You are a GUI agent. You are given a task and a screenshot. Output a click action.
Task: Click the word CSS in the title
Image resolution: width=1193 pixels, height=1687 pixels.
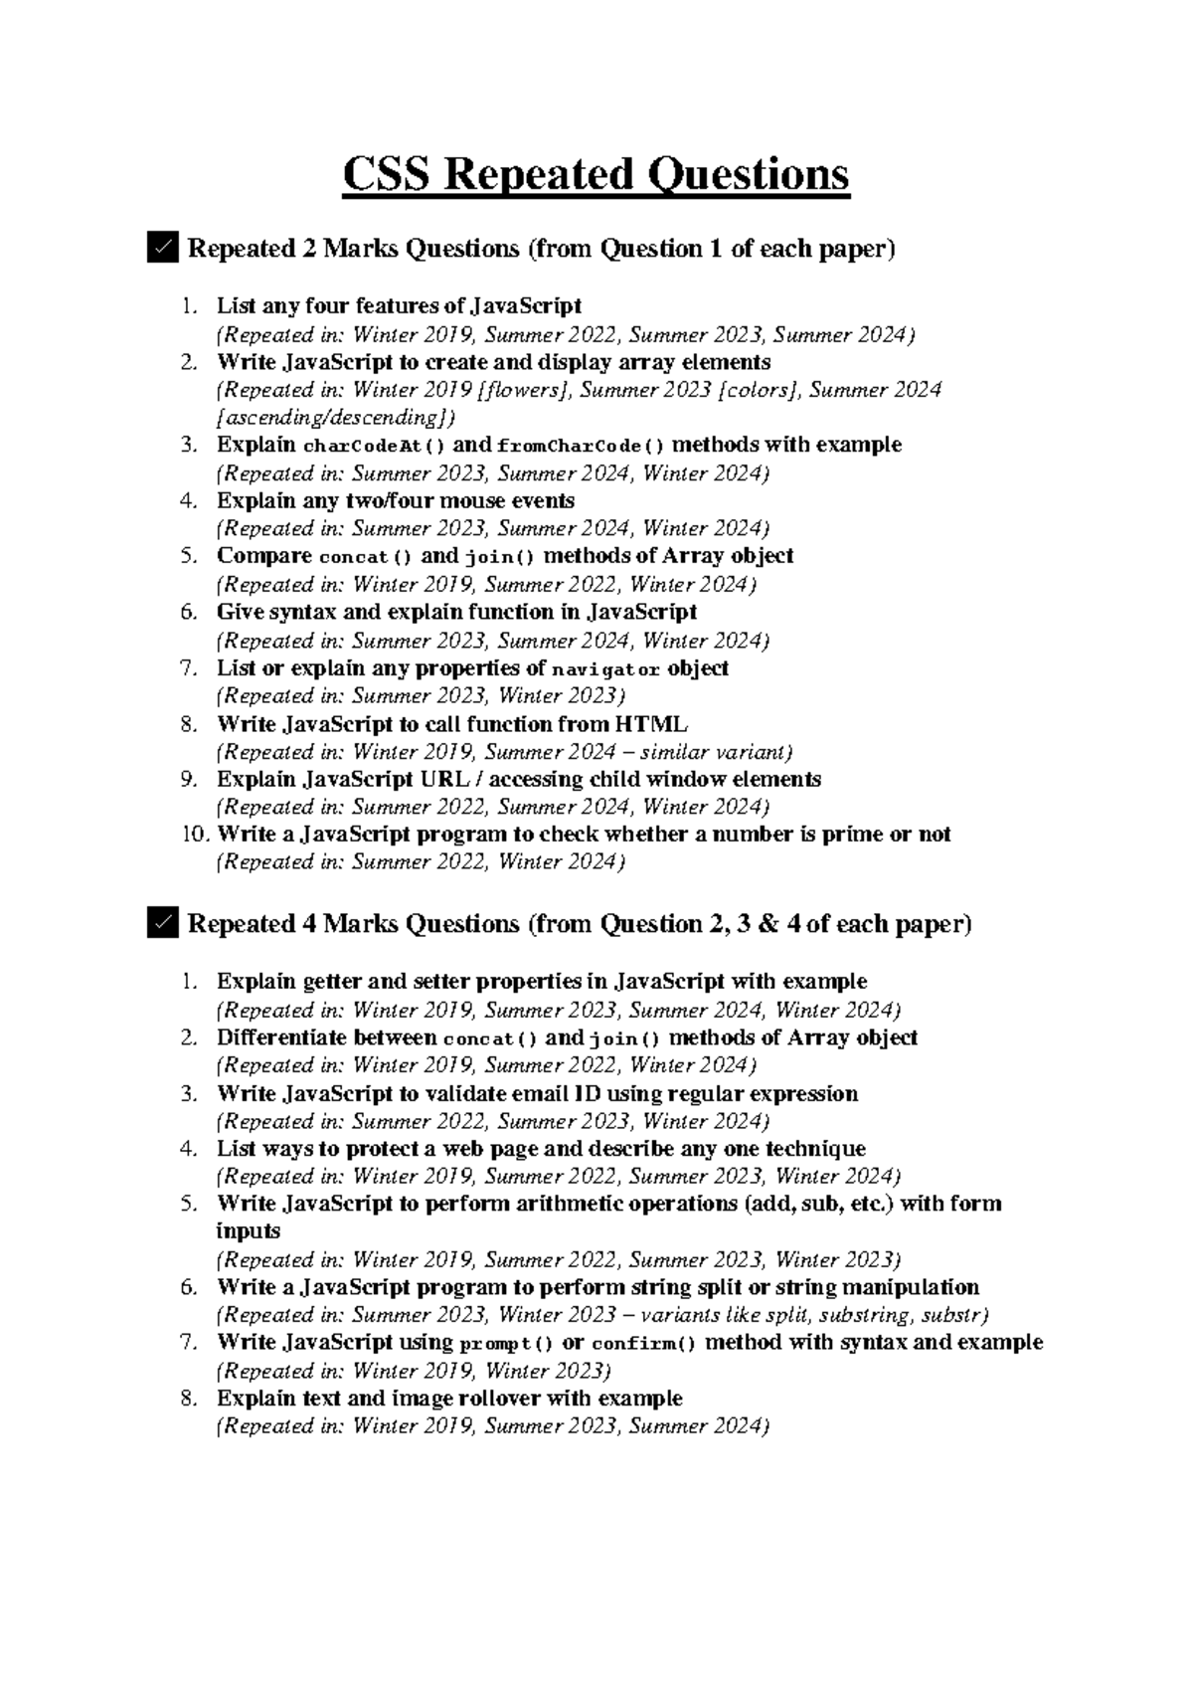[386, 175]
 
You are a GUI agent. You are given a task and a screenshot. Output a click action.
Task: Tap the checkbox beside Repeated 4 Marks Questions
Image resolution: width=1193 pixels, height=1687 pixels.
[161, 923]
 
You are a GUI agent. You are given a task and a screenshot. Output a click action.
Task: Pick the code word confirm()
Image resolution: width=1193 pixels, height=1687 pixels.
[644, 1343]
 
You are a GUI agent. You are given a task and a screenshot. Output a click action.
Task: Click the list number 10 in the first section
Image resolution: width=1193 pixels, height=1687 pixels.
[195, 834]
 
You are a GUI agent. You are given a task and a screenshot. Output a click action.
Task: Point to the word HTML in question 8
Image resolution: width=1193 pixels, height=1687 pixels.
[652, 723]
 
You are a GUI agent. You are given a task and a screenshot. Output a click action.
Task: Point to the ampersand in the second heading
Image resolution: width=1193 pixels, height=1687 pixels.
[768, 924]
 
